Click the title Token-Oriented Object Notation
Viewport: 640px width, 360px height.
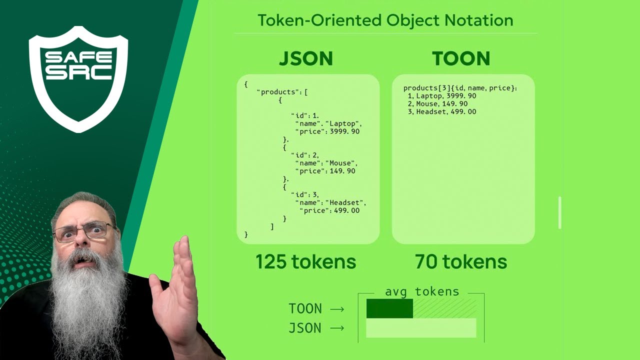[x=385, y=20]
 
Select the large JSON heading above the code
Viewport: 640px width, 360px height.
[x=305, y=58]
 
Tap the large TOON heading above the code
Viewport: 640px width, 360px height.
[x=461, y=58]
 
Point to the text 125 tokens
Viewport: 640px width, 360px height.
[x=305, y=261]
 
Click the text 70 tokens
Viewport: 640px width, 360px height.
[x=461, y=261]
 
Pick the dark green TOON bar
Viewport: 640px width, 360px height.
[x=389, y=308]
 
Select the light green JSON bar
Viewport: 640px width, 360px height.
[x=421, y=328]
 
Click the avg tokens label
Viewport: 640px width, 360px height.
[x=421, y=292]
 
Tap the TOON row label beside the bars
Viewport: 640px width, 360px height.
[x=305, y=308]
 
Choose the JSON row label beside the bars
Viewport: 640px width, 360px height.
[x=305, y=328]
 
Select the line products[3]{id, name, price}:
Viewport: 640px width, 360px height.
[x=460, y=88]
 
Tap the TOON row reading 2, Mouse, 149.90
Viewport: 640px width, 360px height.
[x=438, y=104]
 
